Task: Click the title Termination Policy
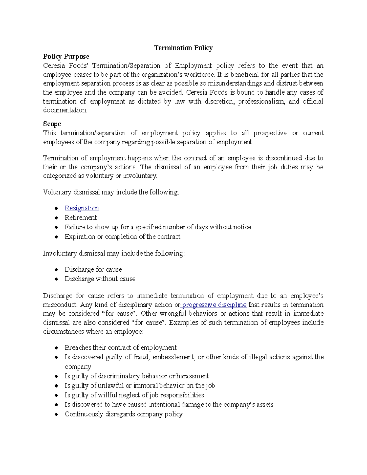[x=183, y=48]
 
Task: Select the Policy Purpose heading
[x=66, y=57]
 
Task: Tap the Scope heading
[x=52, y=124]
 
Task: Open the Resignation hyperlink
[x=82, y=208]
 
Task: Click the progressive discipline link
[x=214, y=305]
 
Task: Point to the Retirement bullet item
[x=81, y=218]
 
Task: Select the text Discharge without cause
[x=100, y=279]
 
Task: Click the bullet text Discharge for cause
[x=93, y=269]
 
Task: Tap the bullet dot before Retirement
[x=56, y=218]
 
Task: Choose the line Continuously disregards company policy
[x=124, y=414]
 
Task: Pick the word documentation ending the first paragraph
[x=65, y=110]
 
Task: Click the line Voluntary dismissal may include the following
[x=111, y=192]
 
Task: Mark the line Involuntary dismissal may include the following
[x=114, y=254]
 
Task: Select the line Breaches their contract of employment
[x=120, y=348]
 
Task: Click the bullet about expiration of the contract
[x=122, y=237]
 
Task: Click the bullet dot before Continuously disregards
[x=56, y=414]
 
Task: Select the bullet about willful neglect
[x=134, y=395]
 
